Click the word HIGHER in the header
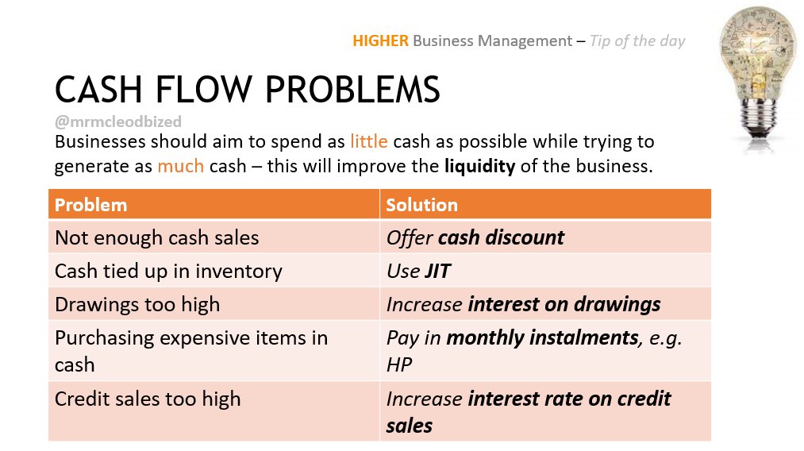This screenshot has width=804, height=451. [x=380, y=40]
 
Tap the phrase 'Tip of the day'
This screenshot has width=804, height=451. [x=637, y=40]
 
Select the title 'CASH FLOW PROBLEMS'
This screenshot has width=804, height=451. [x=247, y=90]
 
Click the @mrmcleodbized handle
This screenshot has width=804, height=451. [x=117, y=121]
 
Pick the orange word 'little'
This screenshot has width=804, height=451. [x=368, y=142]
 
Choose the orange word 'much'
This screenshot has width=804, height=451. [x=179, y=167]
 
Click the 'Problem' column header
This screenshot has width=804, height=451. [x=90, y=205]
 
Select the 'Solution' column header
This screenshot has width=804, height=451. [x=421, y=205]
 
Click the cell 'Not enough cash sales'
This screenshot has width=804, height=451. [x=156, y=237]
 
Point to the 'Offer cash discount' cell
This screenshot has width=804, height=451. [x=475, y=237]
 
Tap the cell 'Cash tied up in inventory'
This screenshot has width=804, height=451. [x=168, y=271]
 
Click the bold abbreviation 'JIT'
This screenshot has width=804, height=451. [x=437, y=271]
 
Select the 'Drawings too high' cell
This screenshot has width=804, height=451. [x=137, y=304]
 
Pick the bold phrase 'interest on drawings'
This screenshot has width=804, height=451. [x=564, y=304]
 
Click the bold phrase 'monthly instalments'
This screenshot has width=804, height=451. [x=543, y=337]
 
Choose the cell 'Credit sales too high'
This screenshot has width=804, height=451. [x=148, y=399]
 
